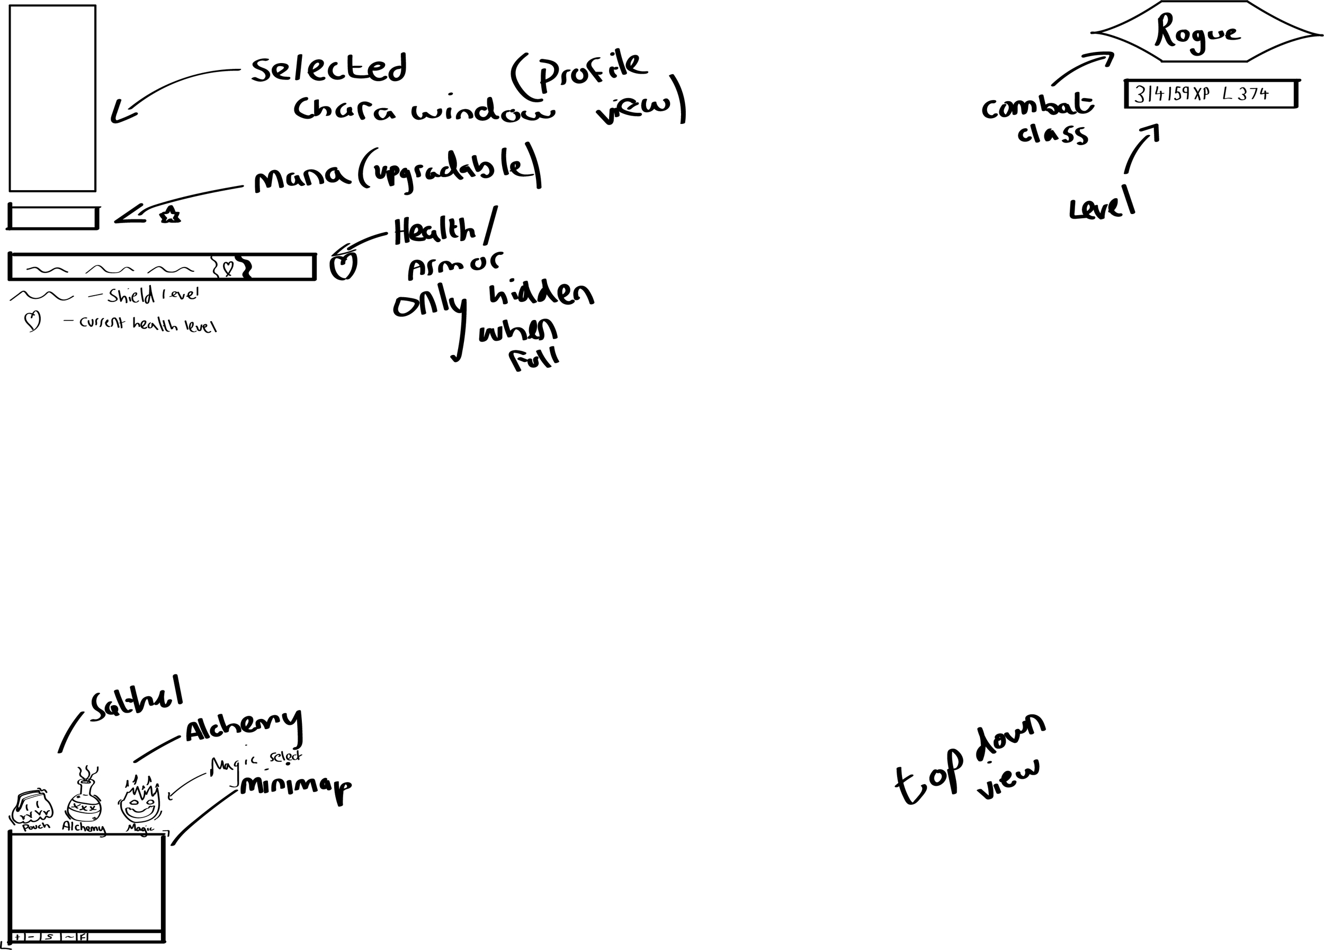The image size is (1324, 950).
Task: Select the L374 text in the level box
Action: (x=1245, y=94)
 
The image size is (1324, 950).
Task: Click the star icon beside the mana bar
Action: (x=170, y=216)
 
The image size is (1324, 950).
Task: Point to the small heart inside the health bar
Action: (x=228, y=268)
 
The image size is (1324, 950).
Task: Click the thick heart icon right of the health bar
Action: (x=343, y=267)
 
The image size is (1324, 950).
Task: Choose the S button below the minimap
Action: (x=50, y=937)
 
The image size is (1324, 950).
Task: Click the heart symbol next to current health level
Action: (x=32, y=321)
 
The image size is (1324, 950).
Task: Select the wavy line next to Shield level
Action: (x=41, y=296)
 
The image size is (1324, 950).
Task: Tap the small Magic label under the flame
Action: (x=140, y=828)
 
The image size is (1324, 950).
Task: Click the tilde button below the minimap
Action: (x=69, y=937)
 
